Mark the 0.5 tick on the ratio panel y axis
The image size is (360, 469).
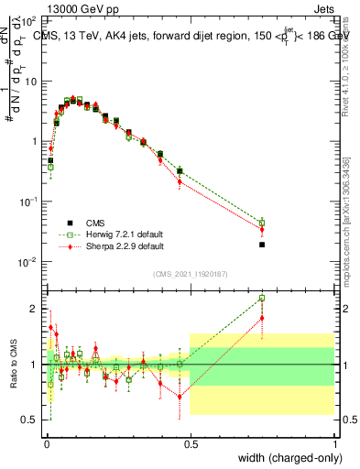point(31,420)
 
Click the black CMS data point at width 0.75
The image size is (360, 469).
point(262,245)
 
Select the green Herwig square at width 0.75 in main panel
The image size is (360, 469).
point(262,223)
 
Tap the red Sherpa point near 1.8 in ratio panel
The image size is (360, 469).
point(262,318)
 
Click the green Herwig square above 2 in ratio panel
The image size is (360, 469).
point(262,298)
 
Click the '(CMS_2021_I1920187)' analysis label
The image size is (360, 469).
point(190,273)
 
